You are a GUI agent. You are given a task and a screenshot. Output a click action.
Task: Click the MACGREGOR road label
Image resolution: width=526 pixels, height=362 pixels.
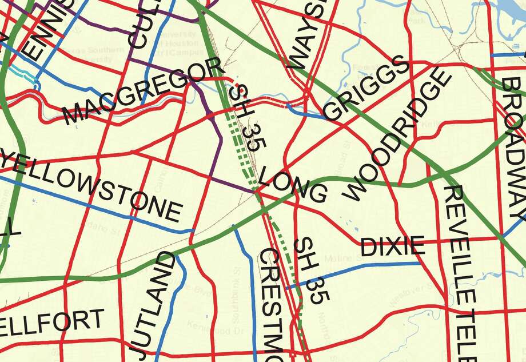pos(143,93)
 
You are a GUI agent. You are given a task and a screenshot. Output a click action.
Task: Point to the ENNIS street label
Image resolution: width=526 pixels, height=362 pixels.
pos(49,29)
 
